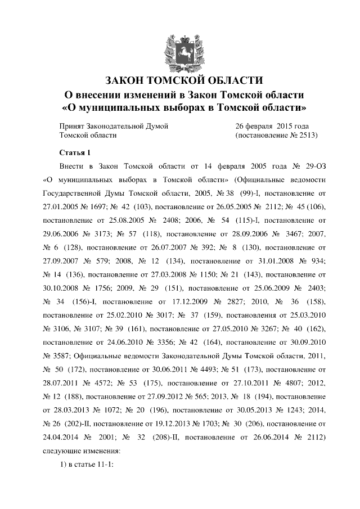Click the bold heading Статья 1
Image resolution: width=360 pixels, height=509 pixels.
[x=74, y=153]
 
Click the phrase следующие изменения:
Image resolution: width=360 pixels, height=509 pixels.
[x=81, y=451]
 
